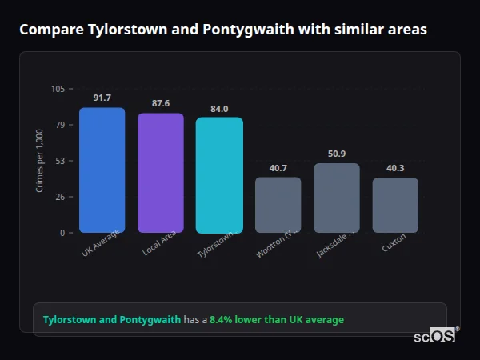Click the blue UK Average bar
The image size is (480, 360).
click(x=102, y=170)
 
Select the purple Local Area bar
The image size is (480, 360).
click(x=160, y=173)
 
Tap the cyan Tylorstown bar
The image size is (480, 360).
click(x=219, y=175)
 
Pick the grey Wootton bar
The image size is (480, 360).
click(x=278, y=205)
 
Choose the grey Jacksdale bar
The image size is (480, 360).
click(x=337, y=198)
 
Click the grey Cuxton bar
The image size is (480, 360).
click(x=395, y=205)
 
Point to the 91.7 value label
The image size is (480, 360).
click(x=102, y=98)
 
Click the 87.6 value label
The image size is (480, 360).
click(x=160, y=103)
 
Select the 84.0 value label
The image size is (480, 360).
click(x=219, y=109)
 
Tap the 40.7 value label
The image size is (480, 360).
click(x=278, y=168)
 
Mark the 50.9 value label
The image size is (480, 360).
click(x=337, y=154)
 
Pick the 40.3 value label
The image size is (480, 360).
click(x=395, y=168)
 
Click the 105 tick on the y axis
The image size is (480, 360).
click(x=58, y=89)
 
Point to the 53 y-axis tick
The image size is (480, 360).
click(x=61, y=161)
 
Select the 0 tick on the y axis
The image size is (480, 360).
click(x=63, y=233)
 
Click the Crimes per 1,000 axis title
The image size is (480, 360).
click(x=40, y=161)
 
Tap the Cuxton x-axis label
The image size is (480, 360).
click(x=394, y=243)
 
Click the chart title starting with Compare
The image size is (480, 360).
click(x=222, y=30)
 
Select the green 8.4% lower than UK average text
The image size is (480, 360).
click(x=277, y=320)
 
